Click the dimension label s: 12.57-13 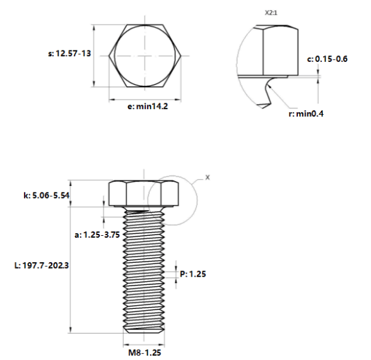click(69, 54)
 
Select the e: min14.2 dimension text click(148, 107)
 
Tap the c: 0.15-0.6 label click(327, 59)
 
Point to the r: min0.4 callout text click(306, 113)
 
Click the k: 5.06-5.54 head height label click(47, 195)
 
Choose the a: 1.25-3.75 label click(97, 235)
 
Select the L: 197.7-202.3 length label click(42, 265)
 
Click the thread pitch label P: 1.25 click(193, 274)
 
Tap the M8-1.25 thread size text click(144, 352)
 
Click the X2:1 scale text click(271, 13)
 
